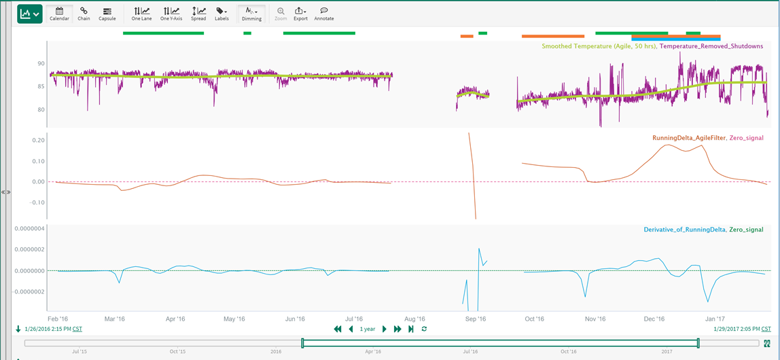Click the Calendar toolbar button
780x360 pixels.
click(x=59, y=14)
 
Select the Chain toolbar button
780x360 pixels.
click(x=84, y=14)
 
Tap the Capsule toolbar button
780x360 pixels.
click(x=107, y=14)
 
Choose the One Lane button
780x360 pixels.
click(x=141, y=14)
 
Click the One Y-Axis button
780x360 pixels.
click(x=171, y=14)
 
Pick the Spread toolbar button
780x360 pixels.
click(x=198, y=14)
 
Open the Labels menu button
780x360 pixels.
click(x=221, y=14)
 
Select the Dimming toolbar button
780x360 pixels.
click(x=251, y=14)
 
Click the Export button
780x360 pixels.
click(x=300, y=14)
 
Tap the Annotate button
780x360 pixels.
click(x=324, y=14)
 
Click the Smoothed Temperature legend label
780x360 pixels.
click(x=598, y=46)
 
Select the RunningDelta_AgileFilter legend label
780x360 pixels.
click(x=688, y=138)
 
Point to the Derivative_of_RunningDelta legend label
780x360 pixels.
click(x=684, y=230)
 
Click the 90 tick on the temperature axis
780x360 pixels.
click(x=41, y=64)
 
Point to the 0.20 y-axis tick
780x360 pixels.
click(x=38, y=141)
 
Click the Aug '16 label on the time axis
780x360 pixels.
click(x=414, y=319)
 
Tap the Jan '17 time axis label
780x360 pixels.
click(x=715, y=319)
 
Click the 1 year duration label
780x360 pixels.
click(x=368, y=329)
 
